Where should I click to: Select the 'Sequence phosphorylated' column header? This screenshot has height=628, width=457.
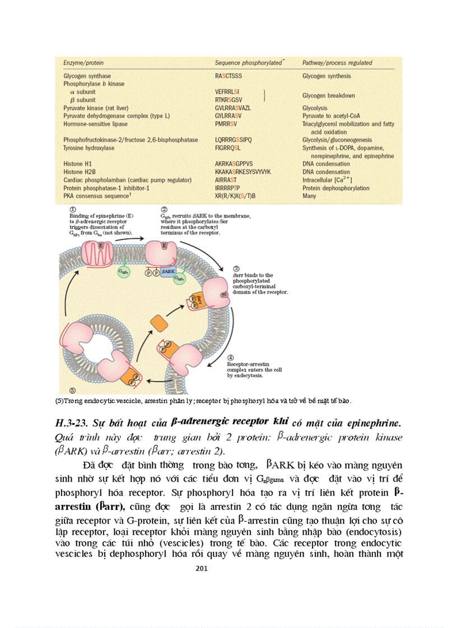pos(248,63)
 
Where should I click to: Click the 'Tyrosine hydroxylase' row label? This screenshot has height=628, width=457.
pos(88,148)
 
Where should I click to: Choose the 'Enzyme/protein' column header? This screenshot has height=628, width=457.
pos(83,63)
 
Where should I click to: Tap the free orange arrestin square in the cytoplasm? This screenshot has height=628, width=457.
pos(159,323)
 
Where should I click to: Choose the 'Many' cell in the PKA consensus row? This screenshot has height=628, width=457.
pos(309,196)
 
